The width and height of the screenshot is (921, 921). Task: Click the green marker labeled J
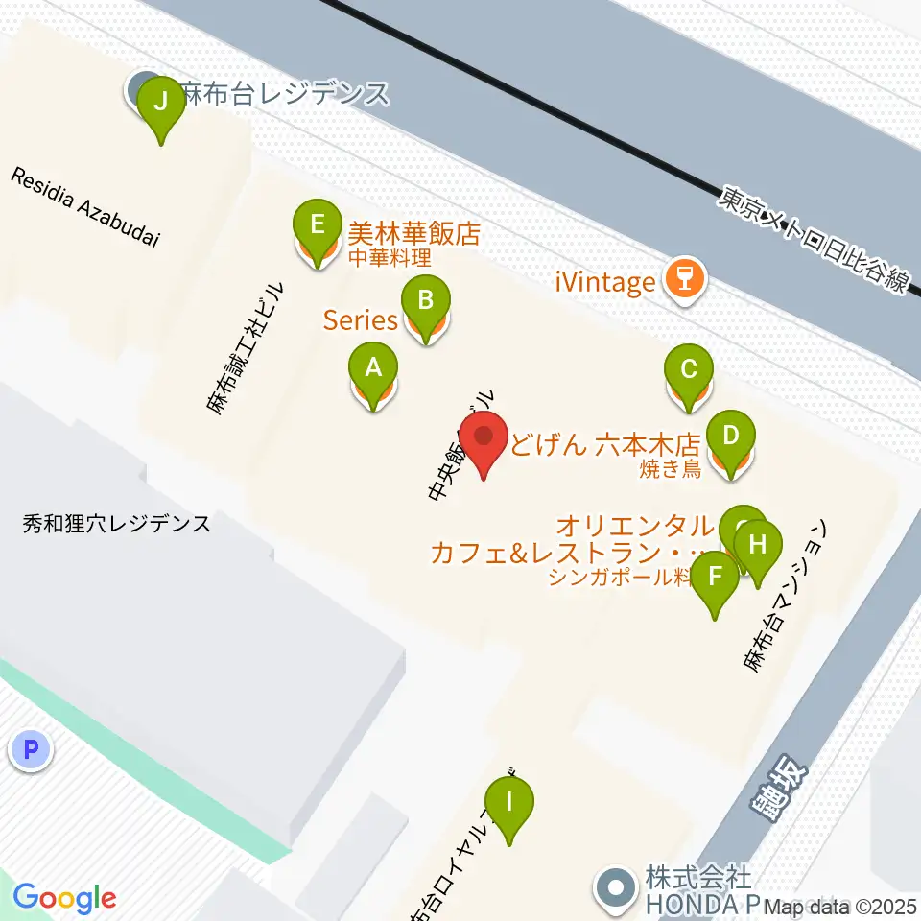(x=160, y=101)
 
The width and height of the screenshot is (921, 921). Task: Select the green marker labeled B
(x=424, y=301)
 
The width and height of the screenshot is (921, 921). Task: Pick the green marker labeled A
(x=373, y=367)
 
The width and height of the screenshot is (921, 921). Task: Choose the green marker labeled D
(x=730, y=437)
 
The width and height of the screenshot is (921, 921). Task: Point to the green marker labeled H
(x=757, y=546)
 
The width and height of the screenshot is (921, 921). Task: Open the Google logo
(x=64, y=897)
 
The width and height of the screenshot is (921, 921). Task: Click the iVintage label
(x=605, y=282)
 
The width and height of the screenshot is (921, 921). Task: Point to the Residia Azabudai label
(x=85, y=207)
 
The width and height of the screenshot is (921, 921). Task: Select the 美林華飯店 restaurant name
(x=413, y=233)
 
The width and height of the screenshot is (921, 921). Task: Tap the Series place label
(x=360, y=320)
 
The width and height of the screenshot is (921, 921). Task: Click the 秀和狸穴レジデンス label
(x=117, y=525)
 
